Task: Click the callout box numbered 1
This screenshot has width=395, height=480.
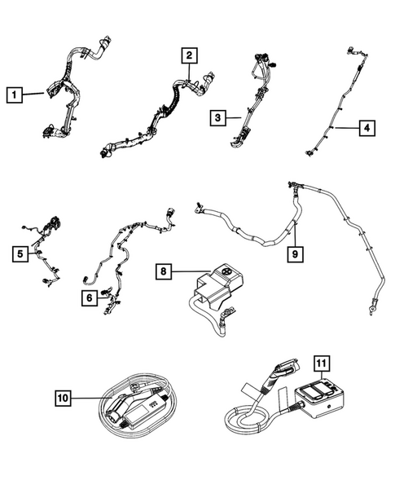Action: point(14,95)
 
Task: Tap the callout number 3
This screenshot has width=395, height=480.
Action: point(216,118)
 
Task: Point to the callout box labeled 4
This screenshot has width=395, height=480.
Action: point(367,127)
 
